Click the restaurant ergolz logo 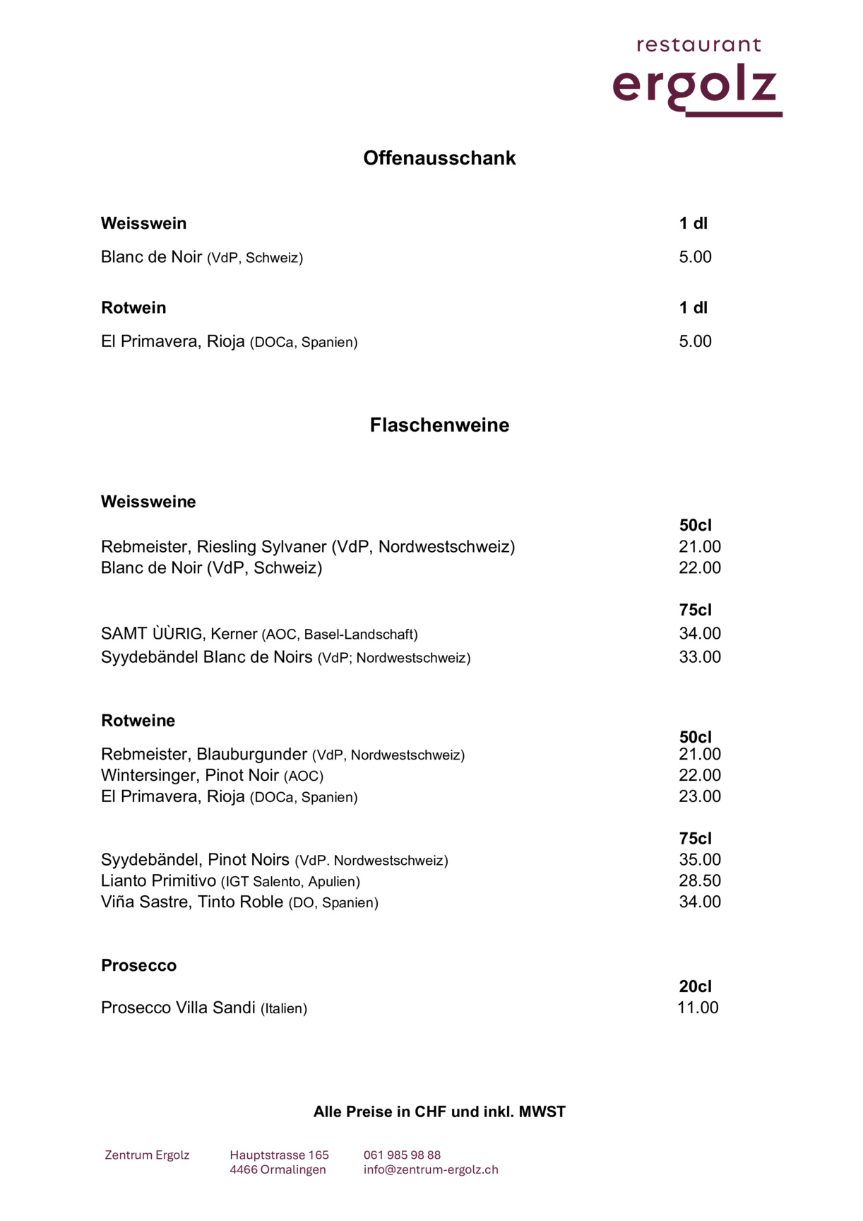(697, 76)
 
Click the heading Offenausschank (439, 158)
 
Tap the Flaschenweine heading (439, 425)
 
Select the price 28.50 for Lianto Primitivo (699, 880)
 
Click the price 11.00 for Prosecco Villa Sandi (697, 1008)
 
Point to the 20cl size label (695, 986)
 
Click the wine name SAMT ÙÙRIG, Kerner (179, 634)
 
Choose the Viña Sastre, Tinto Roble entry (192, 902)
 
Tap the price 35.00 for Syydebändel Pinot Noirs (699, 859)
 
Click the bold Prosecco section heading (138, 965)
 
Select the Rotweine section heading (138, 721)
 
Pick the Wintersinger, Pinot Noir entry (190, 775)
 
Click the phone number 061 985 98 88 (402, 1155)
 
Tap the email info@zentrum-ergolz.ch (431, 1169)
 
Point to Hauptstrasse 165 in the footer (279, 1155)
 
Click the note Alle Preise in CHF (439, 1111)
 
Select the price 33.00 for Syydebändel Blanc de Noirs (699, 657)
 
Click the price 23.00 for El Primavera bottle (699, 796)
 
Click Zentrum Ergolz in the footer (147, 1155)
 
